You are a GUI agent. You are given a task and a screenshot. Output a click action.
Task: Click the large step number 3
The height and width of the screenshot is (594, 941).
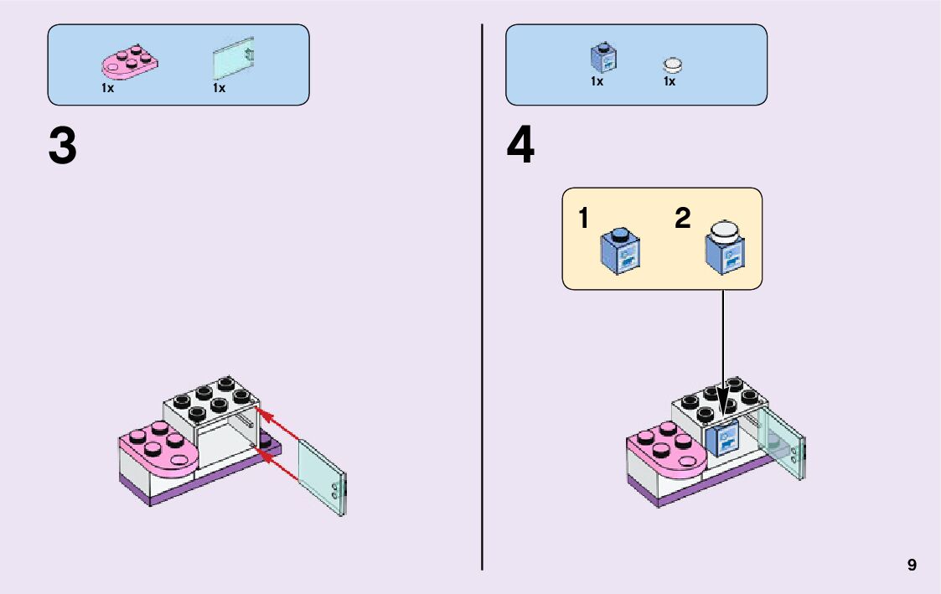pyautogui.click(x=63, y=147)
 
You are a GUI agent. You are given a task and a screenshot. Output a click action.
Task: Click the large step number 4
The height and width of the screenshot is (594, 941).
pyautogui.click(x=520, y=147)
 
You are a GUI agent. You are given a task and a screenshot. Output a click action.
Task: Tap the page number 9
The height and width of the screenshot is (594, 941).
pyautogui.click(x=912, y=566)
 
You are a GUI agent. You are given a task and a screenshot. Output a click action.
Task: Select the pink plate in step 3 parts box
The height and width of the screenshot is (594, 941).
pyautogui.click(x=131, y=64)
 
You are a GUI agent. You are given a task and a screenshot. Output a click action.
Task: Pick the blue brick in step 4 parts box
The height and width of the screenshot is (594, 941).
pyautogui.click(x=603, y=57)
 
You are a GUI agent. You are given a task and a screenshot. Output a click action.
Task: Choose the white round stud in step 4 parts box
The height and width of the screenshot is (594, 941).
pyautogui.click(x=673, y=65)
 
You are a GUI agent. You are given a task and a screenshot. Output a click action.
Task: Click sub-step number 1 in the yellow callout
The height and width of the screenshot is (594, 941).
pyautogui.click(x=583, y=220)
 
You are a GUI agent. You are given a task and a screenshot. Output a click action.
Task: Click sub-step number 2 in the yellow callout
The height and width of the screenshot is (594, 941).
pyautogui.click(x=683, y=220)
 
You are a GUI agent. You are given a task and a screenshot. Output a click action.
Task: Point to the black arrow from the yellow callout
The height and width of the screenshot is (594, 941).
pyautogui.click(x=723, y=352)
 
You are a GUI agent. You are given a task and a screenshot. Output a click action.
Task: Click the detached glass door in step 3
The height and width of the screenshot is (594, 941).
pyautogui.click(x=322, y=476)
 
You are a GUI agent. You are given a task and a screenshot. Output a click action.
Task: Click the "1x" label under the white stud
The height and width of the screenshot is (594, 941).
pyautogui.click(x=670, y=82)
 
